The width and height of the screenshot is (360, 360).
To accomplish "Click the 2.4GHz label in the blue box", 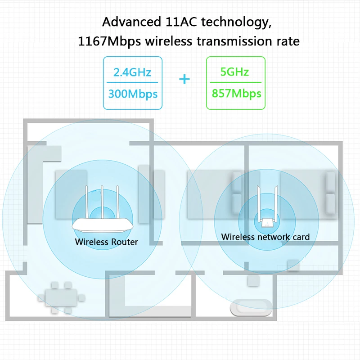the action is coord(132,72).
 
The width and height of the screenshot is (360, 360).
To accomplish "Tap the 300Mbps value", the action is coord(132,94).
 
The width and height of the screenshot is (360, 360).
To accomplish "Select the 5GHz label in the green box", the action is coord(234,72).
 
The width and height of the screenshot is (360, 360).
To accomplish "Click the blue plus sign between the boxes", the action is coord(184,80).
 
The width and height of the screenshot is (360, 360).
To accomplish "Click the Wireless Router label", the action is coord(106,242).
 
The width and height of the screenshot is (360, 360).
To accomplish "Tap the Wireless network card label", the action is coord(265,237).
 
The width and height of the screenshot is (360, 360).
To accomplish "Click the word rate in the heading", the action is coord(288,41).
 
